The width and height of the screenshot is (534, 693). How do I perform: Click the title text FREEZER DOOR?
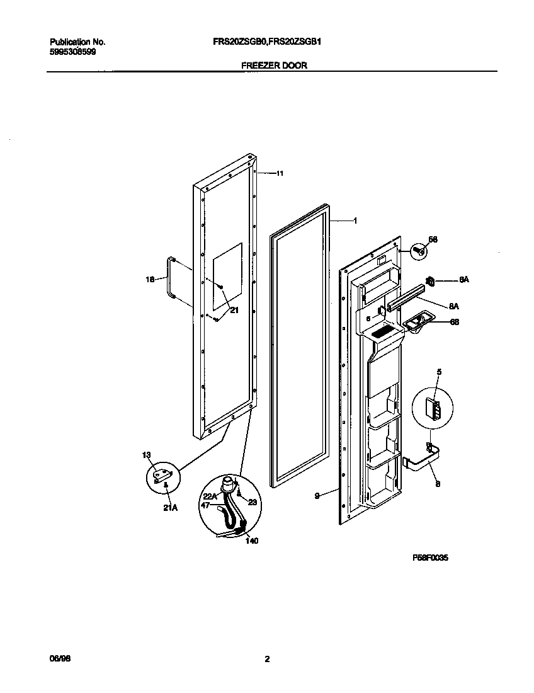coord(274,65)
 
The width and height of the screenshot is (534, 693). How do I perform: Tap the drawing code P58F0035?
coord(430,558)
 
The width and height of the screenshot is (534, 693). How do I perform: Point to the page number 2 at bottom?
coord(267,660)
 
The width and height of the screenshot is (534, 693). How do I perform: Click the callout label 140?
coord(251,540)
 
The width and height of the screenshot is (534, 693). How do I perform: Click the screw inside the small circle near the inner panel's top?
coord(418,251)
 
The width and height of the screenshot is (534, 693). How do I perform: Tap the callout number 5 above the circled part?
coord(439,372)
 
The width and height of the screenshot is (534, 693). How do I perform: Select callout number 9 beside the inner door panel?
coord(319,496)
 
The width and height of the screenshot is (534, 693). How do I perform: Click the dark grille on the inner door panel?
coord(383,331)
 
